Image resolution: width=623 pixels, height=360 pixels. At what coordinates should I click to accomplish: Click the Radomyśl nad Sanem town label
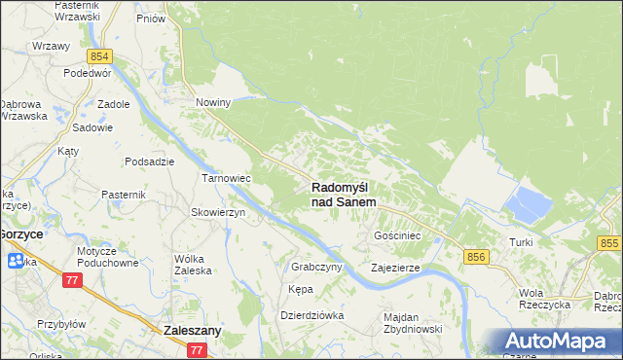345,194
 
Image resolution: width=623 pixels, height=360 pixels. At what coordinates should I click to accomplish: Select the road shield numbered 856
476,256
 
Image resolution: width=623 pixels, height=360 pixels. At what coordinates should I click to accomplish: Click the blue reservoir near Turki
527,205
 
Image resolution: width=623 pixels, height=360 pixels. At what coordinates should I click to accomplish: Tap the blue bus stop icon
16,261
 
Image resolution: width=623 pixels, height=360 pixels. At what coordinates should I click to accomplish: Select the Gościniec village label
397,235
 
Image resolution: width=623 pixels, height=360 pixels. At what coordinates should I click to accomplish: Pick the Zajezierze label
395,267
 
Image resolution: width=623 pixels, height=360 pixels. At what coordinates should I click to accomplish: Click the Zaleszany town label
192,330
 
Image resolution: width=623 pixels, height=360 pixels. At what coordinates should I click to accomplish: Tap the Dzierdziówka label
312,314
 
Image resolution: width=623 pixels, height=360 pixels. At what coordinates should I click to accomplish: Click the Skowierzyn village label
218,212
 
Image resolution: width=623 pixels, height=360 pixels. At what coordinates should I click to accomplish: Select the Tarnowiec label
227,179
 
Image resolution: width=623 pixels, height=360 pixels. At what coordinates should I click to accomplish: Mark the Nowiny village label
213,102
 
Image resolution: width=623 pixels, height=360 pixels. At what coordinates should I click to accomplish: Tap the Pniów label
150,18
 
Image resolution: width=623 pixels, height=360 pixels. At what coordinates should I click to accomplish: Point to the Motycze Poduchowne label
110,256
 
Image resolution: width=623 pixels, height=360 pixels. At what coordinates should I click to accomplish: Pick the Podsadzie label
149,162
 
